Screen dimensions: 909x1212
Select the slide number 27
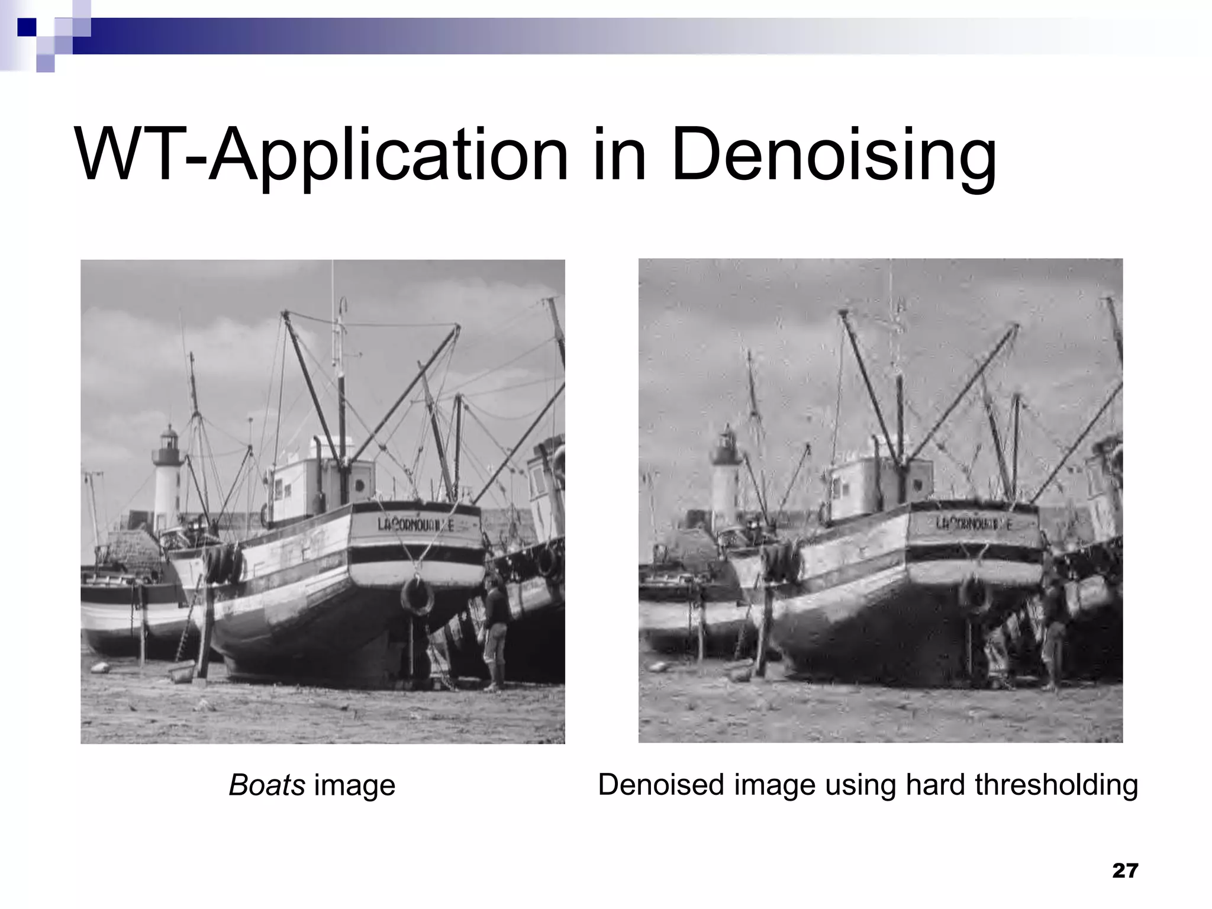[1125, 871]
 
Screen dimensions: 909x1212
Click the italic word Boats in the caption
[267, 785]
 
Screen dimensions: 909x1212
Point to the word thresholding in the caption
[1056, 785]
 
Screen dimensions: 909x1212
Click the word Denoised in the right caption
[661, 785]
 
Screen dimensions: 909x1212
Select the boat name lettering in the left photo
[415, 524]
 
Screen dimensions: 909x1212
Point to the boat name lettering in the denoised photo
[974, 524]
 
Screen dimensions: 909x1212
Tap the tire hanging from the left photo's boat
[417, 597]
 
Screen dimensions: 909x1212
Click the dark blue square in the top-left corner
[26, 27]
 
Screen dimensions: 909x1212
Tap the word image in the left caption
[354, 785]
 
